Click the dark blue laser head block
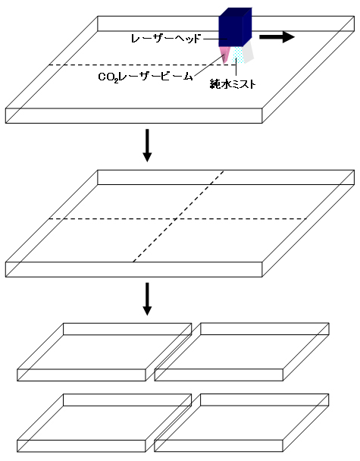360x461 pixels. pyautogui.click(x=235, y=27)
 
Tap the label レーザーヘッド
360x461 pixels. pyautogui.click(x=166, y=39)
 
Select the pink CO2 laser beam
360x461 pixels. pyautogui.click(x=224, y=55)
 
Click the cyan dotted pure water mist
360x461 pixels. pyautogui.click(x=238, y=55)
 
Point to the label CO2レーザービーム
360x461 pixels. pyautogui.click(x=146, y=77)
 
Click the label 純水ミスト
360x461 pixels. pyautogui.click(x=233, y=84)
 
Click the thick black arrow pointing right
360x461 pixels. pyautogui.click(x=277, y=37)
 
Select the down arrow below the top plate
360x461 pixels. pyautogui.click(x=147, y=146)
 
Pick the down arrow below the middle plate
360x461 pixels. pyautogui.click(x=147, y=299)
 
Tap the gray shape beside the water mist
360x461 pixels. pyautogui.click(x=249, y=52)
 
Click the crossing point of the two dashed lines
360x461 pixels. pyautogui.click(x=176, y=218)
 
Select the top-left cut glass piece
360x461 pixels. pyautogui.click(x=105, y=353)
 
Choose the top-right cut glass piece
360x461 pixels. pyautogui.click(x=242, y=352)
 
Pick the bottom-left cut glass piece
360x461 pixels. pyautogui.click(x=105, y=423)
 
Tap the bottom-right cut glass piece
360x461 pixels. pyautogui.click(x=241, y=423)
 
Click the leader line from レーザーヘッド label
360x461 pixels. pyautogui.click(x=214, y=39)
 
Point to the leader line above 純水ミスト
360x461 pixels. pyautogui.click(x=236, y=68)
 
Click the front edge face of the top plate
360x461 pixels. pyautogui.click(x=133, y=116)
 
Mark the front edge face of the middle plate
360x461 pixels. pyautogui.click(x=133, y=270)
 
